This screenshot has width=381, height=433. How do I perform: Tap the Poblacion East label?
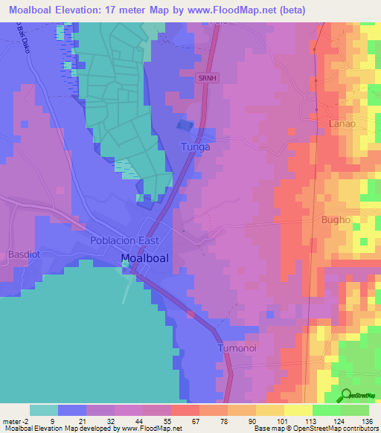click(x=124, y=241)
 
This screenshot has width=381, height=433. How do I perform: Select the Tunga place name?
click(x=196, y=147)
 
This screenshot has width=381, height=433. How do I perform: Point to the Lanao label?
click(x=342, y=124)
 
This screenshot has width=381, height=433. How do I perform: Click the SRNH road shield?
click(x=206, y=77)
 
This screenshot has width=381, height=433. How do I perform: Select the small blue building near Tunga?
click(x=185, y=126)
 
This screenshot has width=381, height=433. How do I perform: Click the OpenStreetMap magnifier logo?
click(x=345, y=396)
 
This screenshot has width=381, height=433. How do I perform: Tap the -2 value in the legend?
click(x=28, y=420)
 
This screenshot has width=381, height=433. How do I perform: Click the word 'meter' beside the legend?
click(x=12, y=420)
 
